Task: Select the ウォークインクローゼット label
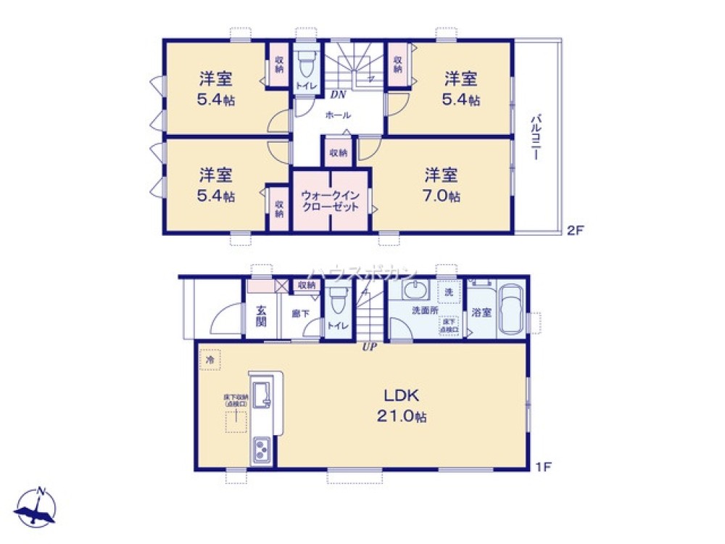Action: click(x=330, y=201)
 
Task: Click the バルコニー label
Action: click(x=537, y=136)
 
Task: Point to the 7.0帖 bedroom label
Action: click(x=441, y=185)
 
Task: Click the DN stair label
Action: click(x=338, y=94)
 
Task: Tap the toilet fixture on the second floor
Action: click(x=307, y=65)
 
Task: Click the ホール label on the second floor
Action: click(x=338, y=115)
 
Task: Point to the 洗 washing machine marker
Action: click(x=449, y=292)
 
